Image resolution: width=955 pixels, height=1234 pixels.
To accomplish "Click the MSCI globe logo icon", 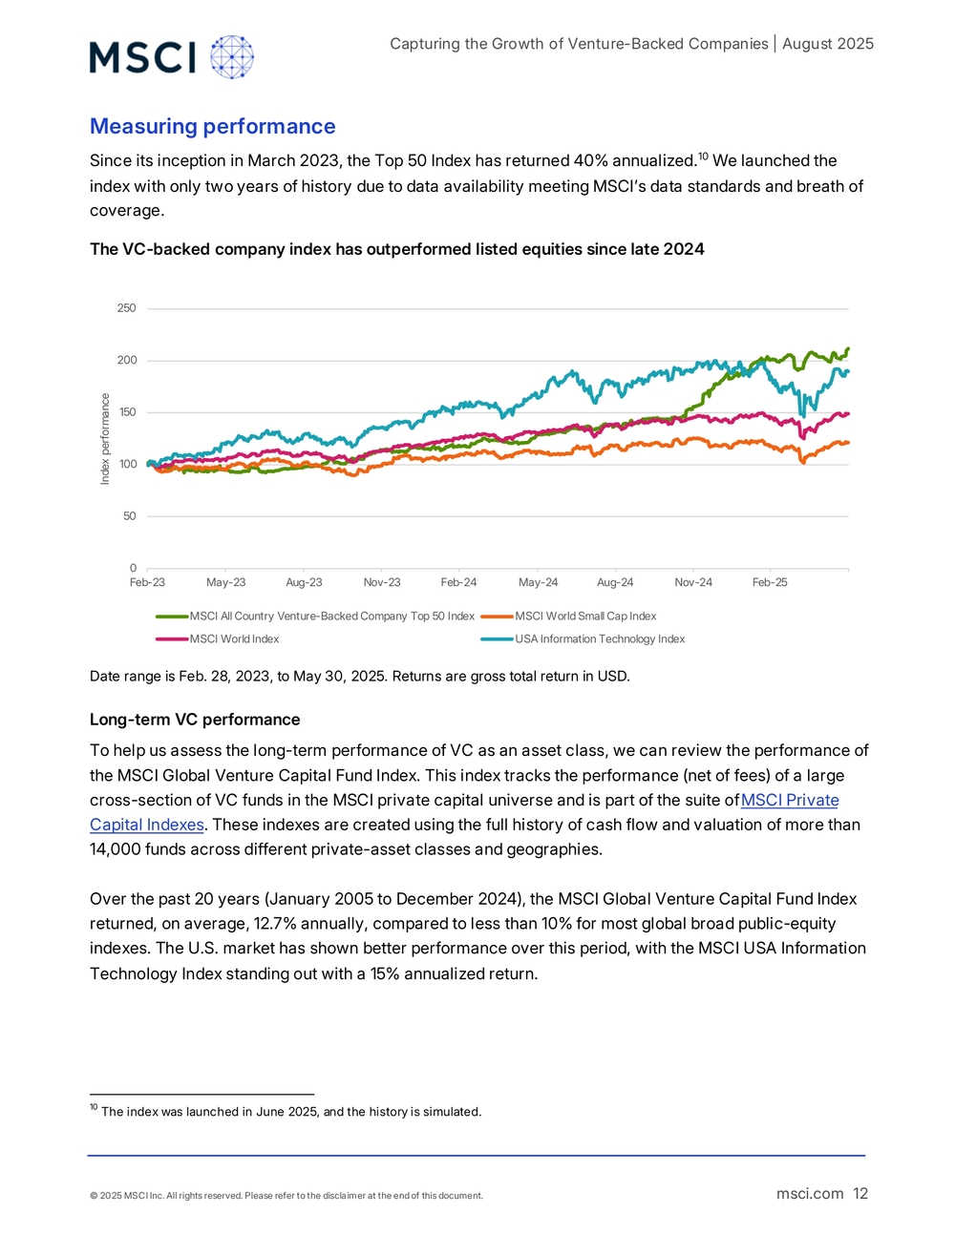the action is tap(232, 57).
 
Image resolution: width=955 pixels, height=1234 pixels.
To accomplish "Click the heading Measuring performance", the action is tap(212, 126).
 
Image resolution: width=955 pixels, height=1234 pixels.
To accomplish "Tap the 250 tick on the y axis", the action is tap(127, 308).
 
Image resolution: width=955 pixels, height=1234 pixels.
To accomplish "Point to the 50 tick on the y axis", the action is tap(130, 516).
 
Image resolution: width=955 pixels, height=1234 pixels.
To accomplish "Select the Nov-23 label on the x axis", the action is tap(382, 582).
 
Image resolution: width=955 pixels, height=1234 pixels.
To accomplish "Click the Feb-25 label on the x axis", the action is tap(770, 582).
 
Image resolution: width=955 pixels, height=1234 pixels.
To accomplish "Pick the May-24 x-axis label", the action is tap(538, 582).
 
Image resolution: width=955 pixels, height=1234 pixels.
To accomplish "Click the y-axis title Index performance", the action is tap(105, 439).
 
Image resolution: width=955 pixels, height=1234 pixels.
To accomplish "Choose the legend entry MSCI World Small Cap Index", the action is tap(585, 617).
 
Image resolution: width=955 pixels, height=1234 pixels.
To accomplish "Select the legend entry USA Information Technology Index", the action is tap(600, 638).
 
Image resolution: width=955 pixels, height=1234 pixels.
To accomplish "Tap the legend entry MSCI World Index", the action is tap(234, 638).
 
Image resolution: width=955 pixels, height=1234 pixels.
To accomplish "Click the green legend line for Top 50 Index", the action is tap(172, 617).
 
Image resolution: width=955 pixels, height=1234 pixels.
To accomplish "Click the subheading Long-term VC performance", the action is tap(195, 720).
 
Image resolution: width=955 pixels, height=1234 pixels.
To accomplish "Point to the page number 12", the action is tap(860, 1194).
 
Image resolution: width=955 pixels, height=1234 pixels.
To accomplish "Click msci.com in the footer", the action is tap(810, 1194).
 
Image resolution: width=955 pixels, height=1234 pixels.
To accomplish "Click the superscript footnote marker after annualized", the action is tap(703, 157).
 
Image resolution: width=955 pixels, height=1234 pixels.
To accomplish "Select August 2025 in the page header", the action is tap(828, 44).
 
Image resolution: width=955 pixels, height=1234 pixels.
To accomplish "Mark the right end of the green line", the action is tap(849, 348).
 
